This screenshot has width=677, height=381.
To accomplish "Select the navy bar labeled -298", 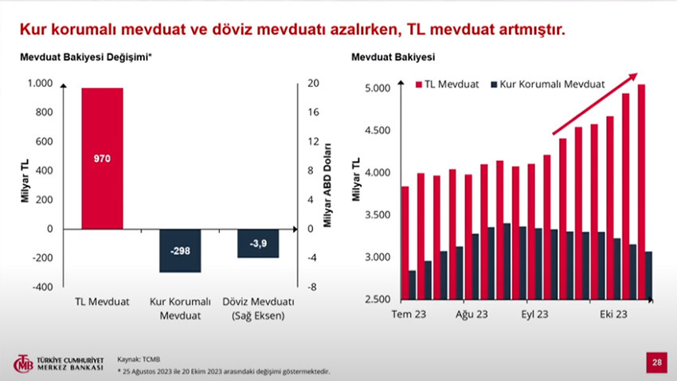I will pos(179,250).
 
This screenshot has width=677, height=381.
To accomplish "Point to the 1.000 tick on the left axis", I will pos(40,83).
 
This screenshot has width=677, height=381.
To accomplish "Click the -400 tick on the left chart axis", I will pos(41,286).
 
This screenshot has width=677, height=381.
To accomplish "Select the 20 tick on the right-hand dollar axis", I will pos(313,83).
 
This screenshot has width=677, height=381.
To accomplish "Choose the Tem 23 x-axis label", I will pos(409,315).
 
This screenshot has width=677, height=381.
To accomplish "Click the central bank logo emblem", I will pos(22,364).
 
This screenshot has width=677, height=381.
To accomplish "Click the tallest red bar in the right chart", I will pos(641,191).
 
